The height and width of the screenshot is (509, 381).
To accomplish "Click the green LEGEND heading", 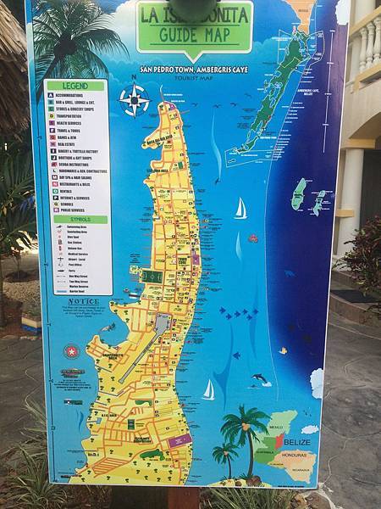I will tap(77, 85).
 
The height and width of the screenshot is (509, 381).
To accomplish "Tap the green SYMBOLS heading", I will tap(77, 219).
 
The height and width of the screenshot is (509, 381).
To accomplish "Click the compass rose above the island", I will tap(134, 100).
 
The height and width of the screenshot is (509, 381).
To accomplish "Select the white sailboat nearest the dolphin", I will tap(208, 390).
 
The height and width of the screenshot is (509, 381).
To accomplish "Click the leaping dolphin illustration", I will tap(259, 378).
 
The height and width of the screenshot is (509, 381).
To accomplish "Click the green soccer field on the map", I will tap(152, 277).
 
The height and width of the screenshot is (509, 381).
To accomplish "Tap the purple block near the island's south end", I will tap(179, 441).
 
